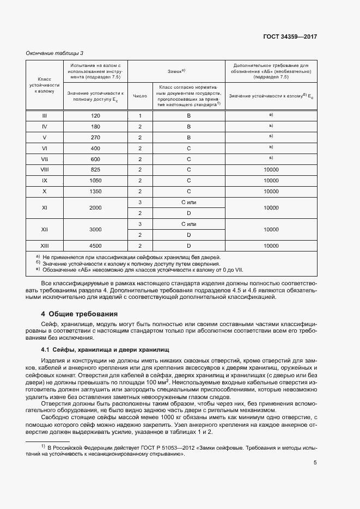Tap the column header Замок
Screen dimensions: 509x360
coord(176,71)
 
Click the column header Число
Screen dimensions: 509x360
coord(140,96)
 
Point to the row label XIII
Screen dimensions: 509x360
coord(45,246)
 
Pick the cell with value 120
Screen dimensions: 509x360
coord(96,116)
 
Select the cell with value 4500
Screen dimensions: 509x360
coord(96,246)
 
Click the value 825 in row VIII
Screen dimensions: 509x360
coord(96,170)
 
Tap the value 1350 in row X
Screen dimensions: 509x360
coord(96,192)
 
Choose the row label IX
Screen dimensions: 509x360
coord(45,181)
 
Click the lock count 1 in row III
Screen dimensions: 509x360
coord(140,116)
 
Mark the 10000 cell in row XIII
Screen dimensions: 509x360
coord(271,246)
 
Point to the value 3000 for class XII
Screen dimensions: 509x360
coord(96,230)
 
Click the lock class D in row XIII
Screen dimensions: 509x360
coord(188,246)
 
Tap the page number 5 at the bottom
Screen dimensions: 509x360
coord(315,447)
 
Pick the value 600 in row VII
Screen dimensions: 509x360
coord(96,159)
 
